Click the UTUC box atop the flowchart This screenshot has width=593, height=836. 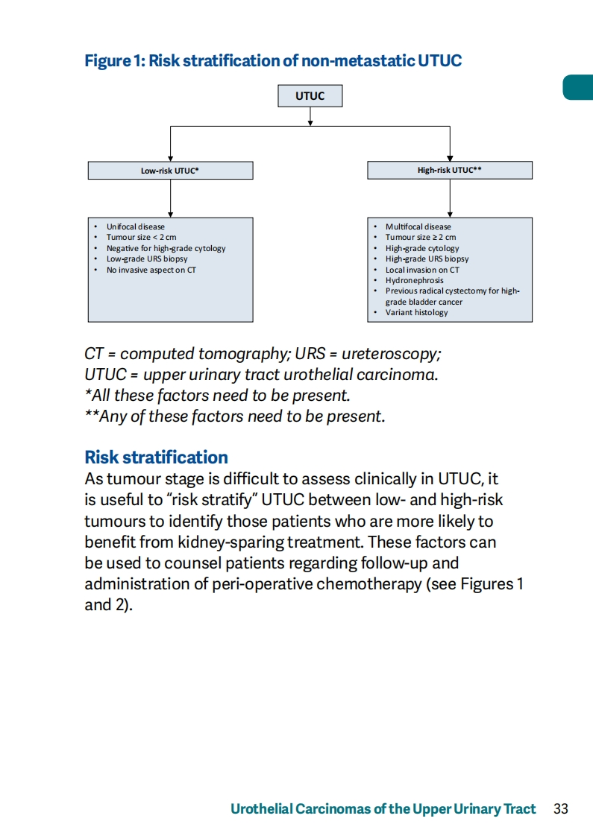(310, 96)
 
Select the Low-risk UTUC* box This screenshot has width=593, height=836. (170, 171)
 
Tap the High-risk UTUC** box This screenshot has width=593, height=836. (450, 170)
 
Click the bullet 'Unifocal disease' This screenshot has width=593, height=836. (136, 227)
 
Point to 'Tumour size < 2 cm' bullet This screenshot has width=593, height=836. (141, 237)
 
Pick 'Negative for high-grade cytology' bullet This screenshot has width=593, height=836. (166, 248)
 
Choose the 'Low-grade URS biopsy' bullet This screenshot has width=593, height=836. (147, 259)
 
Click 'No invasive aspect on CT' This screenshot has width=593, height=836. (151, 270)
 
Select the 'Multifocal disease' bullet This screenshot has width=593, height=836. (418, 227)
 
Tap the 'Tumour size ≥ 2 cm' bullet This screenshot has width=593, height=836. (421, 237)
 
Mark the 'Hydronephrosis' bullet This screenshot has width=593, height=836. (414, 280)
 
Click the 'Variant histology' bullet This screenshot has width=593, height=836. (417, 312)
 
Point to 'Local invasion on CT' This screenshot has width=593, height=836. (422, 270)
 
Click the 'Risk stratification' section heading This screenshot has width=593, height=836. (157, 457)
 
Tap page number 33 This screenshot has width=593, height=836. (561, 809)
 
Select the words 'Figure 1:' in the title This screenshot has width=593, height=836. (115, 61)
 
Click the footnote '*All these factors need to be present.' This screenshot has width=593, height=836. (218, 396)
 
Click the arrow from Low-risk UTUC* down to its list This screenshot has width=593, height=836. (170, 198)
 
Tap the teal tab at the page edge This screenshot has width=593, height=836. (578, 87)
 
